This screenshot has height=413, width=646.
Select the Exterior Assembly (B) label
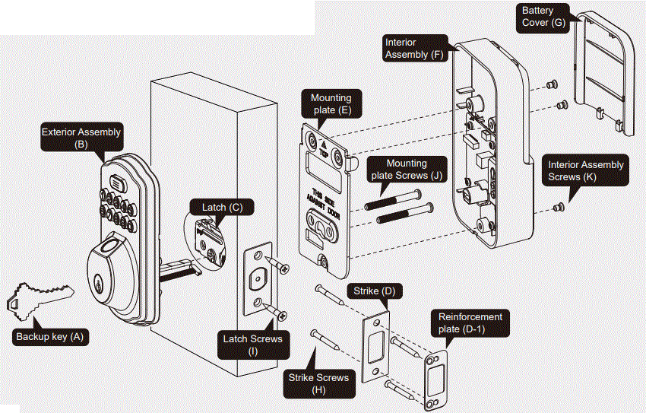click(81, 138)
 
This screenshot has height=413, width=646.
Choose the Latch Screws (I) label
click(252, 344)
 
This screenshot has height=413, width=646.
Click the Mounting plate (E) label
click(331, 103)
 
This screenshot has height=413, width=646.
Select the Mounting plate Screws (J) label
click(407, 169)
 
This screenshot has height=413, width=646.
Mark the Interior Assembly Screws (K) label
click(586, 170)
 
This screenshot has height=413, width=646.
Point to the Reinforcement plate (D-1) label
click(470, 322)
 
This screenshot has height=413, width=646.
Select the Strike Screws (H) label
click(318, 383)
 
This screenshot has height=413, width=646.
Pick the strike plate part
click(376, 345)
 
